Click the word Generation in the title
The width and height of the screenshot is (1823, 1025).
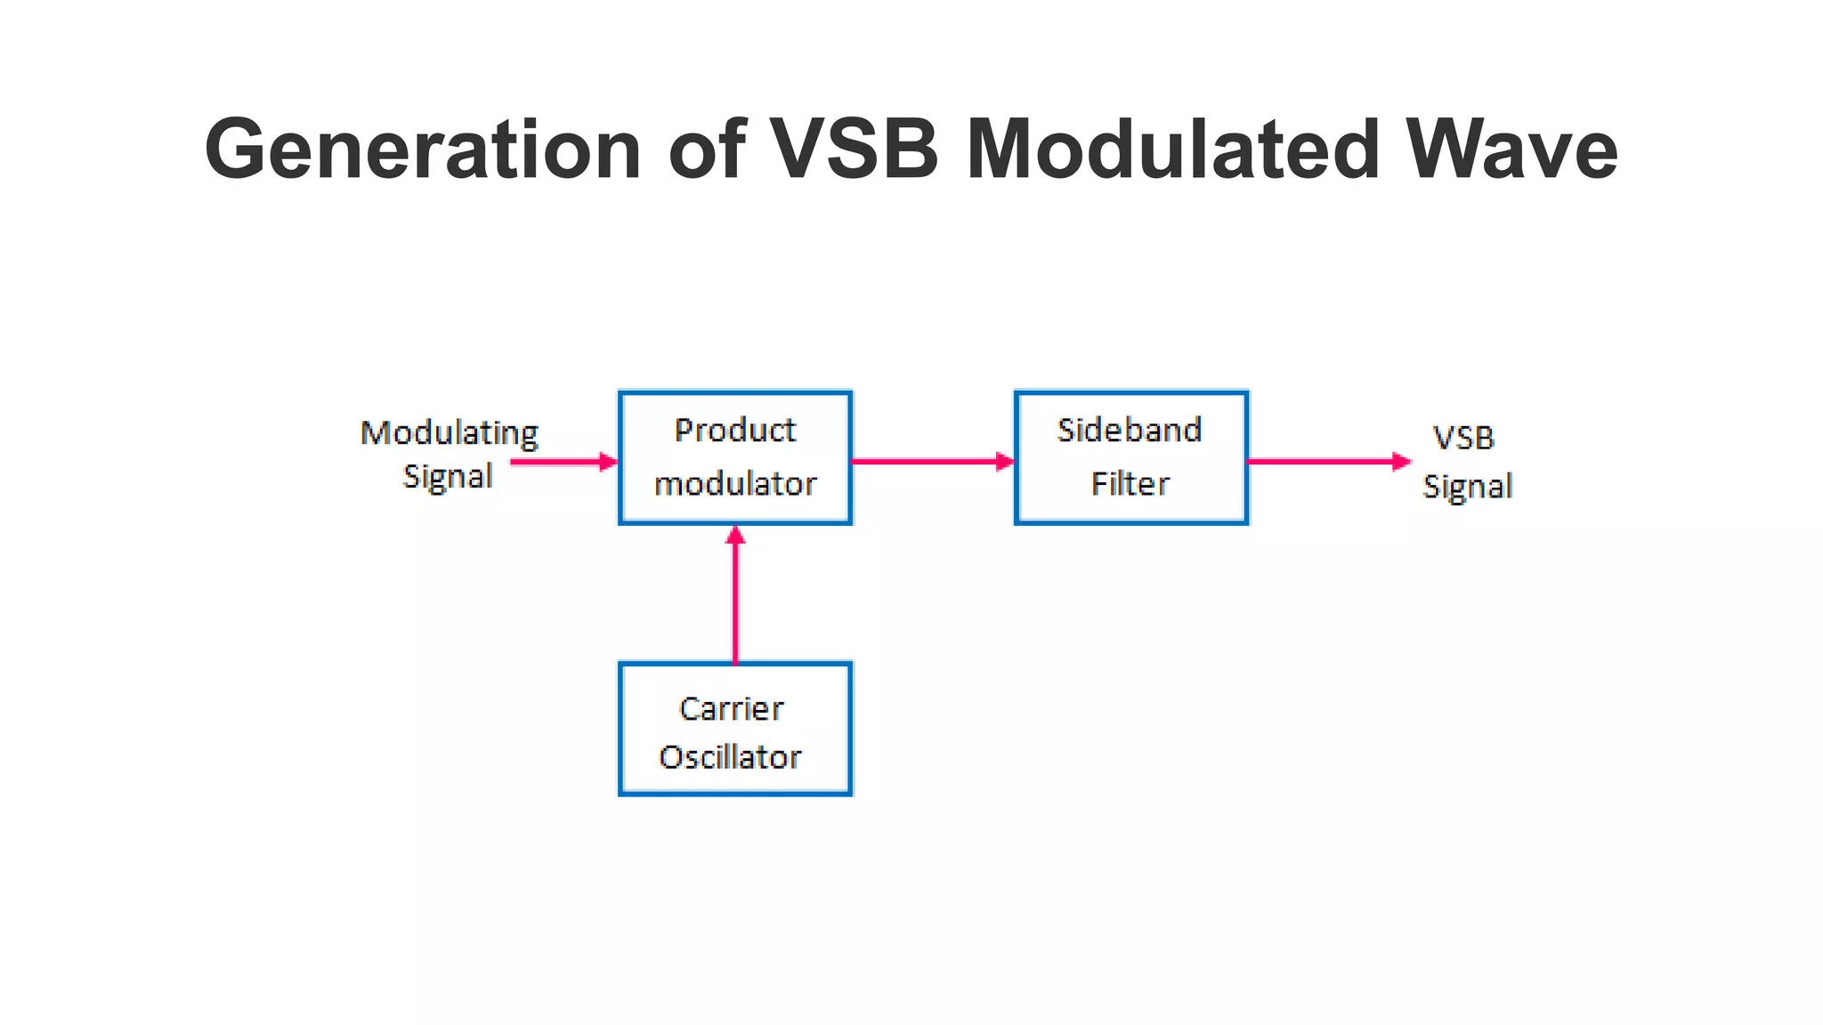tap(423, 149)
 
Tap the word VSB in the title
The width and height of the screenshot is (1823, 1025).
tap(854, 149)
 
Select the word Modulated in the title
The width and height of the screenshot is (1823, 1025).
tap(1173, 149)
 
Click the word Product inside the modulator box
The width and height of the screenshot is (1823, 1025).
tap(734, 431)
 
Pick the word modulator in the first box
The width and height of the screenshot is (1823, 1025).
tap(735, 484)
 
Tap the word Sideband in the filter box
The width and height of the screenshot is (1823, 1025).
tap(1130, 431)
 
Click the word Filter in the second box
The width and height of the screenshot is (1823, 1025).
tap(1130, 484)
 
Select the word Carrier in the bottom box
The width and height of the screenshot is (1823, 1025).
tap(732, 709)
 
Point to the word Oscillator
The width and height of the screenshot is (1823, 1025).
tap(731, 757)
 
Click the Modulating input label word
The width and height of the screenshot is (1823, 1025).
tap(450, 434)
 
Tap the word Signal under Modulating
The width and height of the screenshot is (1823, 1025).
tap(448, 477)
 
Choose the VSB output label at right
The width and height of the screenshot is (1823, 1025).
tap(1464, 438)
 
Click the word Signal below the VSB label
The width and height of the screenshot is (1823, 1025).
tap(1468, 487)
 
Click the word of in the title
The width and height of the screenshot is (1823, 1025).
tap(707, 149)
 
